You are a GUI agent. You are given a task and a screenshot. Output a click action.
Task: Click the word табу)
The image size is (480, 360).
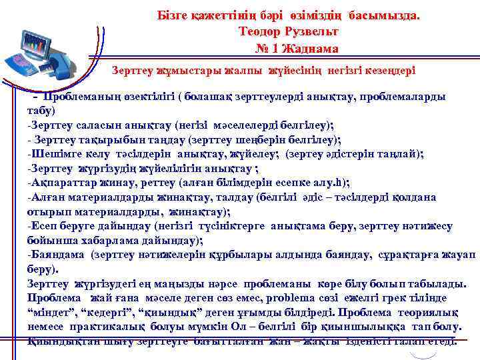pyautogui.click(x=41, y=111)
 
